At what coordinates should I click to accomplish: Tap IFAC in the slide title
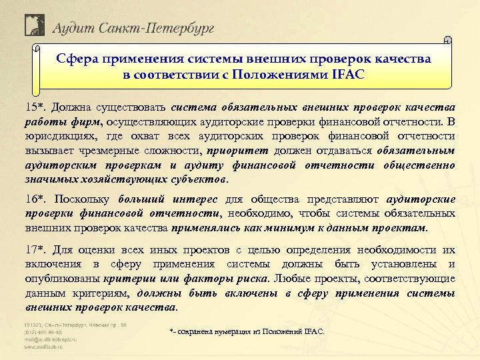[x=345, y=73]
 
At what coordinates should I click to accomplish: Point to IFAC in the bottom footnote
[x=311, y=331]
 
